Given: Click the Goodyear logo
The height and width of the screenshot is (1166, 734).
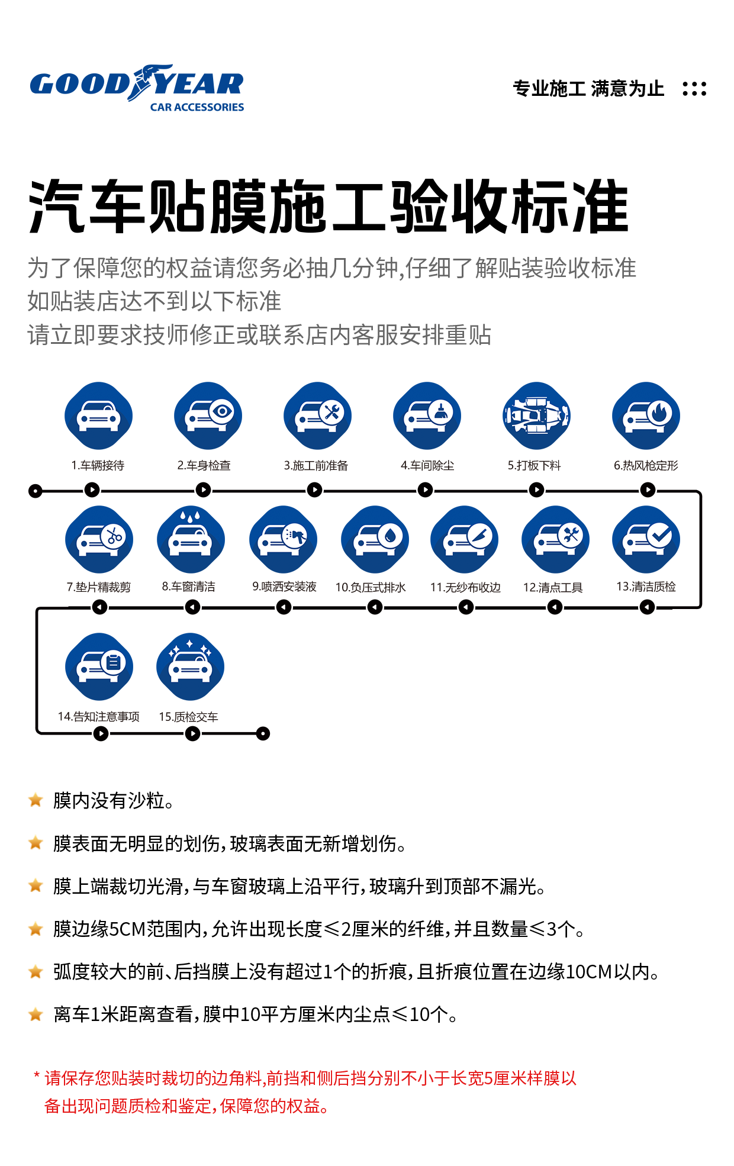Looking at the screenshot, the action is [137, 88].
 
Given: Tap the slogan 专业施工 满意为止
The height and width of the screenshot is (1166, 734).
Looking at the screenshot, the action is [588, 89].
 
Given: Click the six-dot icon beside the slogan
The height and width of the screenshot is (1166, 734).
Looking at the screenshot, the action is [694, 89].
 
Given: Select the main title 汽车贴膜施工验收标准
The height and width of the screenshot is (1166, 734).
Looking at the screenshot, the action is [329, 207].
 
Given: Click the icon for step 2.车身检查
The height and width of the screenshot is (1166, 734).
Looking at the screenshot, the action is [208, 415].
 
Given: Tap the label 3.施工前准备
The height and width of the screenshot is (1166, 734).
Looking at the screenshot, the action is [316, 466].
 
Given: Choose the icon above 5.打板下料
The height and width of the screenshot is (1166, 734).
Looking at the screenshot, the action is [536, 415].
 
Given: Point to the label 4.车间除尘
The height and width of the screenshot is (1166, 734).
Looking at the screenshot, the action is [427, 466].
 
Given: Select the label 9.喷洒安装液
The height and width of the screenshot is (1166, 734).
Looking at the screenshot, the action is [284, 587].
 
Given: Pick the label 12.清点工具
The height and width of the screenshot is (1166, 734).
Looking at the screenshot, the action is [553, 587].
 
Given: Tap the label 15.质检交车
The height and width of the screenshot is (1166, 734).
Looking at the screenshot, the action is [188, 717].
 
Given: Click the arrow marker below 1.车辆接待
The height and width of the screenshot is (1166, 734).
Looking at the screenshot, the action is [92, 490].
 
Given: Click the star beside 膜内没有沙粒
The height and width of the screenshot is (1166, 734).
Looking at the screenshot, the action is [36, 800].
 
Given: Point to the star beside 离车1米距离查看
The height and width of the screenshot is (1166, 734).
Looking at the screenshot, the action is [36, 1014].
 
